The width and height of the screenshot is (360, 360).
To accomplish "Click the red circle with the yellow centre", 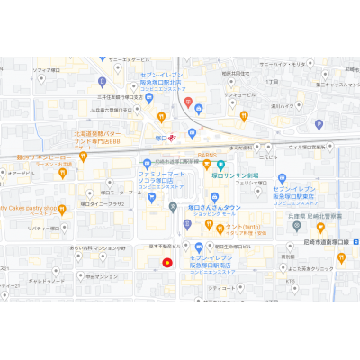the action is tap(166, 263).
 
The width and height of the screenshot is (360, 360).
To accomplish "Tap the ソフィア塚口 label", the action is tap(46, 69).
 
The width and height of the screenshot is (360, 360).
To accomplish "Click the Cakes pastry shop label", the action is tap(28, 208).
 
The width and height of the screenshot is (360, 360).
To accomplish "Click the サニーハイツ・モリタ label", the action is tap(278, 65).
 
